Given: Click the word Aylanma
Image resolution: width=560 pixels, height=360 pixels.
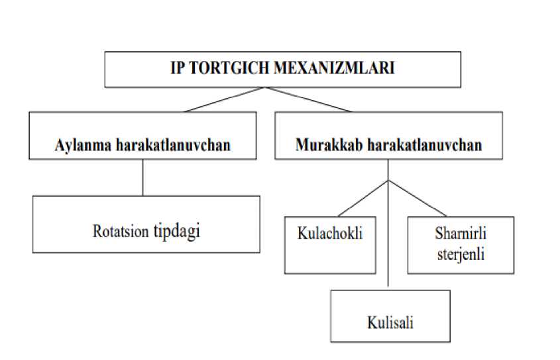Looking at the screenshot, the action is coord(80,145).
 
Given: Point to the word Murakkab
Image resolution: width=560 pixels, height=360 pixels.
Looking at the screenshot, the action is coord(323,145).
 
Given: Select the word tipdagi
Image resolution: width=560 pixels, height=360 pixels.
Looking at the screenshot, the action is coord(176,231).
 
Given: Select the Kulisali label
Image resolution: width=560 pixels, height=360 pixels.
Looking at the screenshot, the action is coord(390,323).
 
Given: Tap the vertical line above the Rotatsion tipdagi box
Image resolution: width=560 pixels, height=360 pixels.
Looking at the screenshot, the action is coord(143,177).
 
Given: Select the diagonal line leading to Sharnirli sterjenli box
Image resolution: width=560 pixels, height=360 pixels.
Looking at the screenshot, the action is coord(414,198).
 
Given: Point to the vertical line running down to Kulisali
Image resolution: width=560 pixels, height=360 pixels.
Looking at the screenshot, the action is coord(388,239).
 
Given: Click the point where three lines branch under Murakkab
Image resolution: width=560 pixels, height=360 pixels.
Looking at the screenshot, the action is coord(388,180).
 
